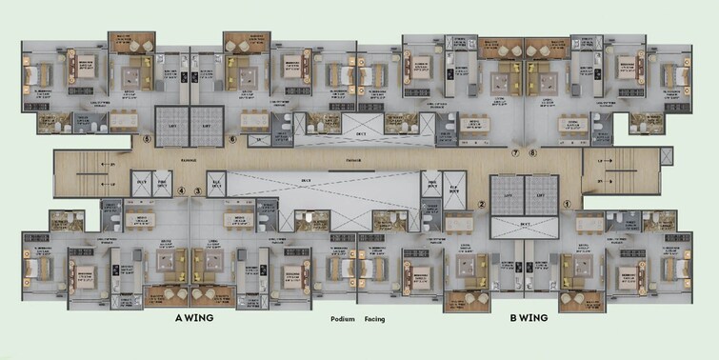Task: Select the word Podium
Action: coord(344,321)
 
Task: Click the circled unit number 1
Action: coord(566,203)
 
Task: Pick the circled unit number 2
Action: coord(482,203)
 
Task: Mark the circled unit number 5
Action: coord(147,139)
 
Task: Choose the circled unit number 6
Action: coord(232,139)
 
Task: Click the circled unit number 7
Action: coord(515,152)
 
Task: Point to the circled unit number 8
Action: coord(532,152)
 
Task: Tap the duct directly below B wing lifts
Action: coord(523,224)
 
